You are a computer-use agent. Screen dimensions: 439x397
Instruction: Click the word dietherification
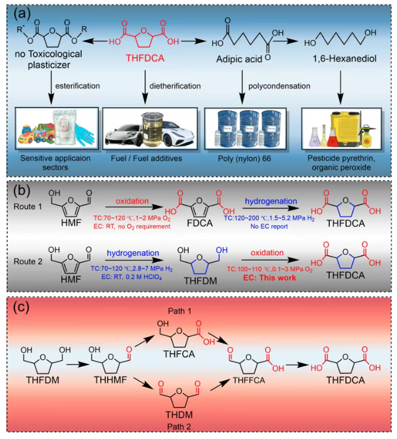pos(176,86)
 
